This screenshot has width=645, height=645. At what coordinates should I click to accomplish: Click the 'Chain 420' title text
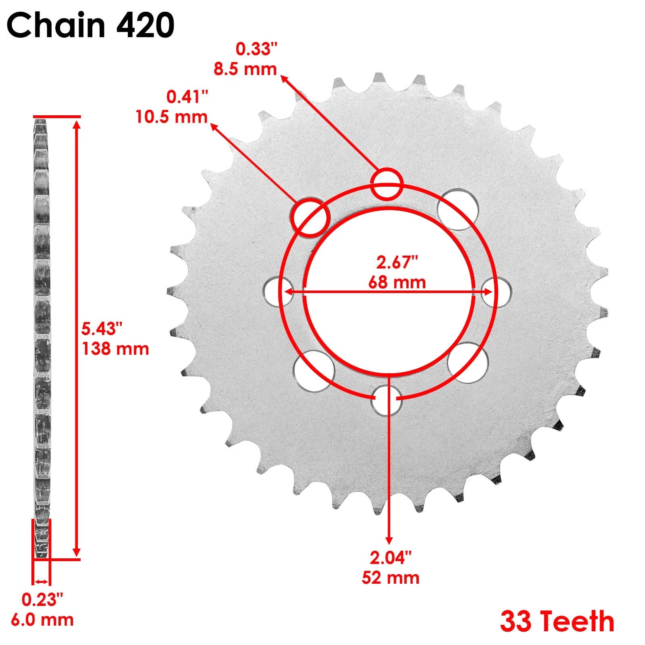pyautogui.click(x=90, y=25)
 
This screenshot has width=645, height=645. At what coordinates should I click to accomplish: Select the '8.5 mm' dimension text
pyautogui.click(x=245, y=69)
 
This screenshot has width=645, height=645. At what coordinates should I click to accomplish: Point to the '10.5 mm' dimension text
pyautogui.click(x=171, y=117)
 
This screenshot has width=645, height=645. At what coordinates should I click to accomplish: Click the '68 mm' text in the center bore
pyautogui.click(x=397, y=282)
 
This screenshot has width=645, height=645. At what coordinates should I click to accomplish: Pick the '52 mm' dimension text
pyautogui.click(x=390, y=578)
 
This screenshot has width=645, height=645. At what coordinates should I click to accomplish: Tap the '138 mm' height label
pyautogui.click(x=116, y=349)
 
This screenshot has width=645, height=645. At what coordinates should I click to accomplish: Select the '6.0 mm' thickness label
pyautogui.click(x=42, y=620)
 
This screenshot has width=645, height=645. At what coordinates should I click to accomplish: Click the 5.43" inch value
pyautogui.click(x=102, y=329)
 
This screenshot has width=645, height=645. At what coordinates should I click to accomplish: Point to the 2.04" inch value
pyautogui.click(x=391, y=558)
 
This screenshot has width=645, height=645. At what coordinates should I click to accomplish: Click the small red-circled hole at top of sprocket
pyautogui.click(x=387, y=184)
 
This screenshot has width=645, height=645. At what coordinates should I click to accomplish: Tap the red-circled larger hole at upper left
pyautogui.click(x=310, y=216)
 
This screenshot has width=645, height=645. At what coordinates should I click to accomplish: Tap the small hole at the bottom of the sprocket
pyautogui.click(x=386, y=400)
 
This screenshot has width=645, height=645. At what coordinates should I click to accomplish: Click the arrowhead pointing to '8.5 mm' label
pyautogui.click(x=284, y=78)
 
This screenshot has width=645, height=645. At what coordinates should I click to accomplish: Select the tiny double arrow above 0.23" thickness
pyautogui.click(x=41, y=581)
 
